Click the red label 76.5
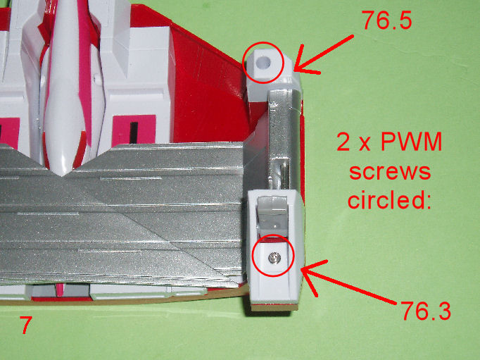point(387,20)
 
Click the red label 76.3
point(426,310)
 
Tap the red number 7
point(26,325)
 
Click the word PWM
point(412,142)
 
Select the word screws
point(390,172)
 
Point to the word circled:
point(389,200)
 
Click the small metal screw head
point(273,257)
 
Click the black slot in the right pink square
point(134,132)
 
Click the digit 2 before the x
point(343,142)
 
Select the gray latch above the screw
point(272,212)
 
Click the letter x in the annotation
point(365,144)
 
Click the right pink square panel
point(134,130)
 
